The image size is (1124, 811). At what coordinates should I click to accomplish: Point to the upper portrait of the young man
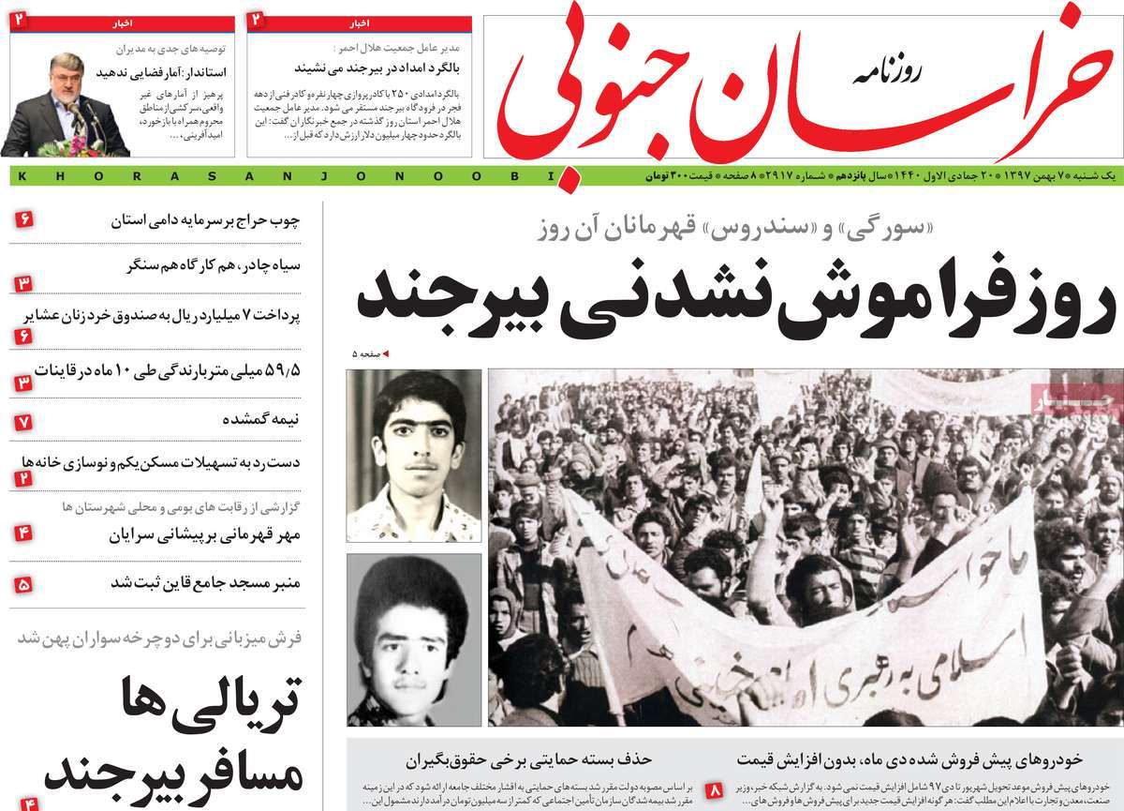click(x=414, y=455)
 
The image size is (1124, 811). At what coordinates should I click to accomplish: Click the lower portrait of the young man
click(x=414, y=639)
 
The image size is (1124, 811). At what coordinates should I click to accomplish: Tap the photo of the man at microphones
click(x=66, y=104)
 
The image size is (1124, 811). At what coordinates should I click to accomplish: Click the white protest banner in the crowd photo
click(x=796, y=609)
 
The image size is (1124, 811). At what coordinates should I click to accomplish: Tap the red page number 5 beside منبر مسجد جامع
click(x=23, y=583)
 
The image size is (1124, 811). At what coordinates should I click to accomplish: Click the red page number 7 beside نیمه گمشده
click(x=23, y=421)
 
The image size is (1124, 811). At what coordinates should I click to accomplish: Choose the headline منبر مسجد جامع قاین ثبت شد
click(x=205, y=582)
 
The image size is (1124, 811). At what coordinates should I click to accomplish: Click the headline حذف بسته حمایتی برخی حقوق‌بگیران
click(x=528, y=759)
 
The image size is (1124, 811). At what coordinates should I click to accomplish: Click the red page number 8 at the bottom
click(x=714, y=790)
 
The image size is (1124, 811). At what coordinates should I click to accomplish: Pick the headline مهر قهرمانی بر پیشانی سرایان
click(x=205, y=534)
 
